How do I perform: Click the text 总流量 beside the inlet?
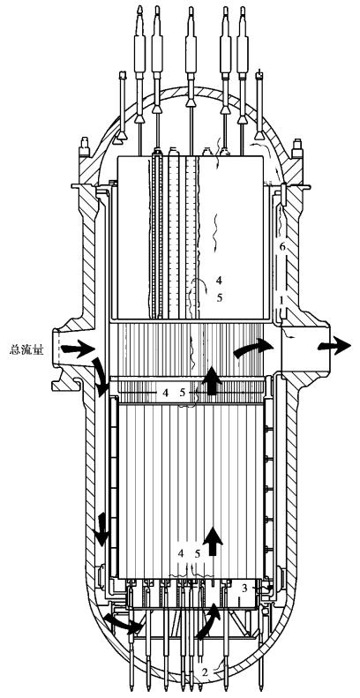26,350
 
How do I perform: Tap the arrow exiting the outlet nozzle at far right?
334,344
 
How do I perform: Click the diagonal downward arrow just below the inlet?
101,377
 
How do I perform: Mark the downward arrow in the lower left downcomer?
101,529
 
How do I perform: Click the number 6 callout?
281,247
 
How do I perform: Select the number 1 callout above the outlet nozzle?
281,301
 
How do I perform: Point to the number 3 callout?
244,588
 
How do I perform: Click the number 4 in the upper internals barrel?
219,280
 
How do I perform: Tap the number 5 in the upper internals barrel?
220,297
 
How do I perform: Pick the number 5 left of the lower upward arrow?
198,553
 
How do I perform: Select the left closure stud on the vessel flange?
82,147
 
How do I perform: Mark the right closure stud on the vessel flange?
296,147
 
